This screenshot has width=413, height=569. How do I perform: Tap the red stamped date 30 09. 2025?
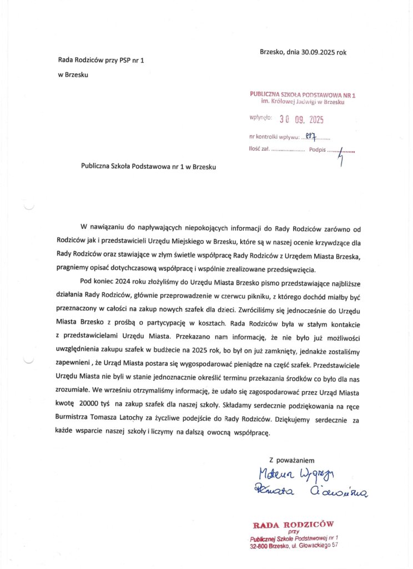pos(301,119)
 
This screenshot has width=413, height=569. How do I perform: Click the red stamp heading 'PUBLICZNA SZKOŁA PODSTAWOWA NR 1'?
pos(303,95)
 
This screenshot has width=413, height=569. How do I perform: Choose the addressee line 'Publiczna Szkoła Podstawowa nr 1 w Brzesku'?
pos(148,166)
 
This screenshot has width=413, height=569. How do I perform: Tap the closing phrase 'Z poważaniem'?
pos(292,460)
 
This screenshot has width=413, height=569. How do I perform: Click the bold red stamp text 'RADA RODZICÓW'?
pos(294,524)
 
